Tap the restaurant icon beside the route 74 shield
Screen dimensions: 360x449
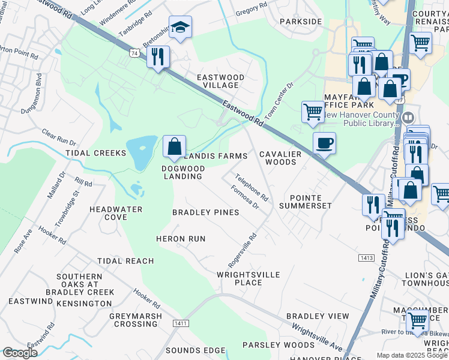[x=158, y=57]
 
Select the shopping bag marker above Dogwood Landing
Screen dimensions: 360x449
[x=174, y=146]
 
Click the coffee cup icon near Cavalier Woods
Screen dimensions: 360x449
[x=324, y=143]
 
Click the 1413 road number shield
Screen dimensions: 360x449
[x=367, y=258]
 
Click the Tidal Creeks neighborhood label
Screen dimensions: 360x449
[x=96, y=153]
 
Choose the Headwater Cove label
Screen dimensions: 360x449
[x=116, y=213]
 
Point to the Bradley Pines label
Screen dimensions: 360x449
[x=205, y=212]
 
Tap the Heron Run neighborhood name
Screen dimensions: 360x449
[x=181, y=239]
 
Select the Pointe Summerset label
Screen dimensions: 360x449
[x=310, y=202]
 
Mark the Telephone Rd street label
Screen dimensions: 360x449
[x=252, y=187]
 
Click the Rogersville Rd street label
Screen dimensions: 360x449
[x=243, y=251]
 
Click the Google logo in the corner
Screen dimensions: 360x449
[x=20, y=353]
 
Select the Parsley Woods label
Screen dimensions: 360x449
[x=278, y=345]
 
